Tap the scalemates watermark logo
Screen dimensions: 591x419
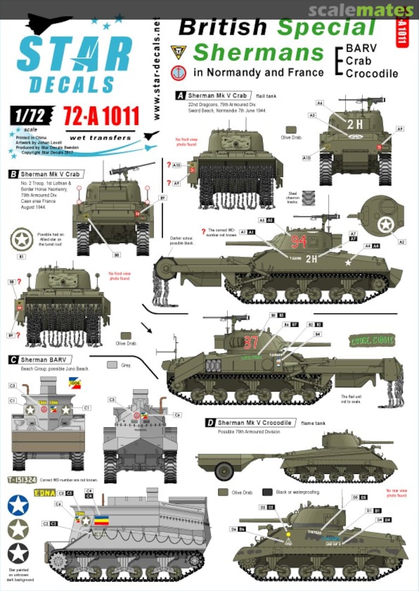pyautogui.click(x=361, y=9)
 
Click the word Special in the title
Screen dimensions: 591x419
pyautogui.click(x=326, y=27)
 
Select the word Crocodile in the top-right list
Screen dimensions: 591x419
pyautogui.click(x=371, y=73)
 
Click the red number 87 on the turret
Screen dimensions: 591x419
pyautogui.click(x=251, y=342)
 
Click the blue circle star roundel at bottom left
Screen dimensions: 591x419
pyautogui.click(x=18, y=505)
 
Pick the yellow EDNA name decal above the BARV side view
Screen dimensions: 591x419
pyautogui.click(x=44, y=493)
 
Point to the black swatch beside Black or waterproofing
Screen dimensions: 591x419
pyautogui.click(x=267, y=491)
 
